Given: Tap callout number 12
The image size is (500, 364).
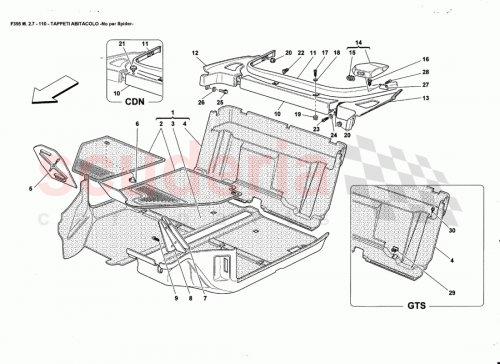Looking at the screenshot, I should (x=195, y=52).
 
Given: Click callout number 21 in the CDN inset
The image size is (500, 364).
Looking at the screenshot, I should (x=120, y=46).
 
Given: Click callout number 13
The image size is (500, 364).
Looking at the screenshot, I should (x=425, y=99).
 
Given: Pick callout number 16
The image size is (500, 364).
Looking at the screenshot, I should (x=425, y=61).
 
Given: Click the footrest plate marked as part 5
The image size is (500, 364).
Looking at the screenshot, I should (x=56, y=162).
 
